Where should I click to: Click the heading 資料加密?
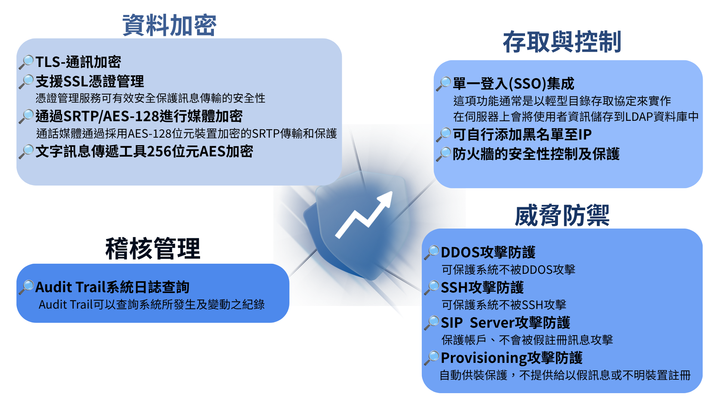pos(169,25)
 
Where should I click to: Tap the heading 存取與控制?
pos(562,42)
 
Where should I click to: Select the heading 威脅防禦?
pos(562,215)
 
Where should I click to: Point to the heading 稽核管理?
pos(153,248)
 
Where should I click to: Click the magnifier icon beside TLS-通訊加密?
pos(26,62)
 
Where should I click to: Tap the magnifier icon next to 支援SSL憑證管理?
pos(26,82)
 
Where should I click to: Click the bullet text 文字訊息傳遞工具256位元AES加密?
pos(144,151)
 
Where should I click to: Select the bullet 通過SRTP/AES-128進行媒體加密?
pos(139,116)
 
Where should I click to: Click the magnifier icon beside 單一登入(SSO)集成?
pos(444,84)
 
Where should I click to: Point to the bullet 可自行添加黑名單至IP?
pos(522,135)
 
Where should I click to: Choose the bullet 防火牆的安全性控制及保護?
pos(536,154)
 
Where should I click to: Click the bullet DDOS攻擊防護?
pos(488,252)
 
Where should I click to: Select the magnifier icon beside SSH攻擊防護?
pos(432,288)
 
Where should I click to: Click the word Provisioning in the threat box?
pos(484,358)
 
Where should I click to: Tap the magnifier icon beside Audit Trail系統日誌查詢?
pos(26,287)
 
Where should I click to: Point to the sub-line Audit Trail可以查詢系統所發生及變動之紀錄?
pos(152,304)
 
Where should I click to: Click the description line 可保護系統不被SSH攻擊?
pos(504,305)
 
